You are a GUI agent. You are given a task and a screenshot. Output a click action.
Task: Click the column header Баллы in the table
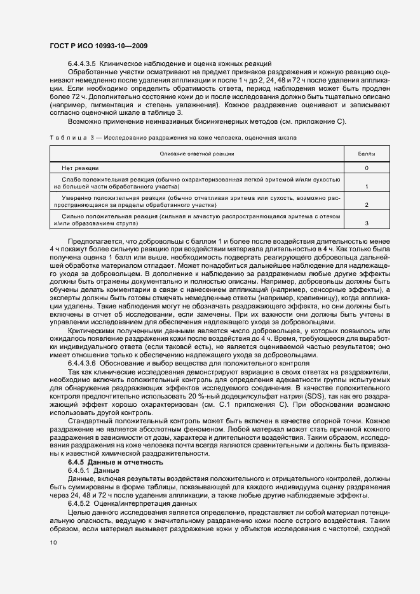367,154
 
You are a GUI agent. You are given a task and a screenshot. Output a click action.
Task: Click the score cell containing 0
367,168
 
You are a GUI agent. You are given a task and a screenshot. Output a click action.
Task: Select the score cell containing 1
367,187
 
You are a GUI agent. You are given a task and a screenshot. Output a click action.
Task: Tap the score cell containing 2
367,206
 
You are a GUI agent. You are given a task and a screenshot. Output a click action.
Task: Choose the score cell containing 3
367,224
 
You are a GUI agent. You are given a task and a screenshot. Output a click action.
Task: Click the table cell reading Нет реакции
80,168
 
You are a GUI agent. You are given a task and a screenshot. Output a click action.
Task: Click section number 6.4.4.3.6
81,363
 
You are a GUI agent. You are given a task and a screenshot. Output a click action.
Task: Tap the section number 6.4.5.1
79,470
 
